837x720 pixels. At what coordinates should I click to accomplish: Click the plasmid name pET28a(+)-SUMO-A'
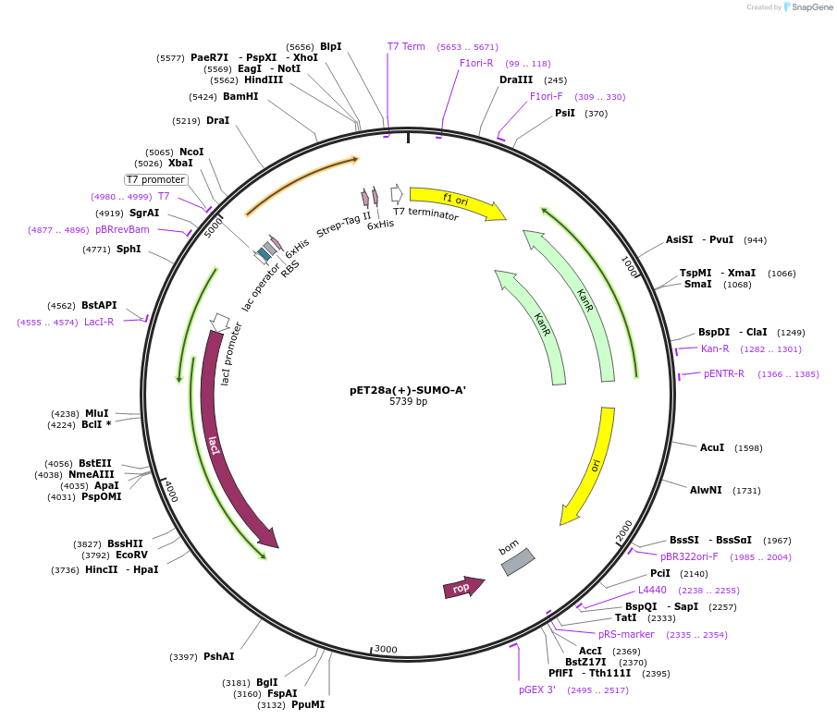click(x=408, y=390)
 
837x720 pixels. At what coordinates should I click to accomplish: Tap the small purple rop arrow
click(x=462, y=588)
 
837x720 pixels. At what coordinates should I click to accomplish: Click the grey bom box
click(x=518, y=562)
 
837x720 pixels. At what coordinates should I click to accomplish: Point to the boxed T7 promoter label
click(x=156, y=179)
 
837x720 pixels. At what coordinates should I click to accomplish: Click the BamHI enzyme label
click(x=240, y=96)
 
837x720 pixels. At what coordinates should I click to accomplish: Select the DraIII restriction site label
click(x=516, y=79)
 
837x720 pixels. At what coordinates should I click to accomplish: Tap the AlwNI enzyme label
click(x=706, y=490)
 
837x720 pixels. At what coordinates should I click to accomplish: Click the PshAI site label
click(x=219, y=656)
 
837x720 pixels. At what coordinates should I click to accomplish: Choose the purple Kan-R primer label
click(x=715, y=348)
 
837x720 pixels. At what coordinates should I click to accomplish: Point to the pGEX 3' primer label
click(x=537, y=689)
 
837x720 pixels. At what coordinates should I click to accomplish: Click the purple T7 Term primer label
click(x=406, y=46)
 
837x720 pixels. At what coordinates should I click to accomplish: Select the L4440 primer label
click(x=652, y=590)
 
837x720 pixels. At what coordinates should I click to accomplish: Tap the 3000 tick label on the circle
click(x=386, y=649)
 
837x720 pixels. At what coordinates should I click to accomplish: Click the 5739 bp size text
click(x=408, y=402)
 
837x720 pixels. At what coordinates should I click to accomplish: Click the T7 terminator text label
click(x=425, y=214)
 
